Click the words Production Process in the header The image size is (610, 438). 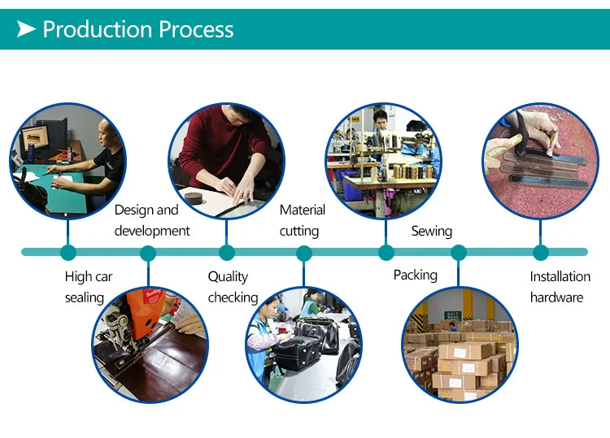point(137,30)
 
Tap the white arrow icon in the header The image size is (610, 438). point(27,30)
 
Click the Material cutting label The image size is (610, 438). point(302,220)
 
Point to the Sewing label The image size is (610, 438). point(431,231)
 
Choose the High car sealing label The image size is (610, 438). point(89,287)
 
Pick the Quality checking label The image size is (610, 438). point(233,287)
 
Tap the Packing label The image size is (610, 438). point(415,275)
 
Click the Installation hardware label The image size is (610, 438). point(560,287)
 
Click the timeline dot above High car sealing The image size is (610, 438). point(68,253)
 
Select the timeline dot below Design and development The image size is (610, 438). point(148,253)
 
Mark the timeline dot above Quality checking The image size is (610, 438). point(227,253)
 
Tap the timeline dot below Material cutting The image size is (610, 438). point(303,253)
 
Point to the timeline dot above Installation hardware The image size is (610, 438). point(540,253)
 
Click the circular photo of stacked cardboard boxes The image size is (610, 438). point(460,344)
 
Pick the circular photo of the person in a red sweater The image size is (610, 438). point(226,159)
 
